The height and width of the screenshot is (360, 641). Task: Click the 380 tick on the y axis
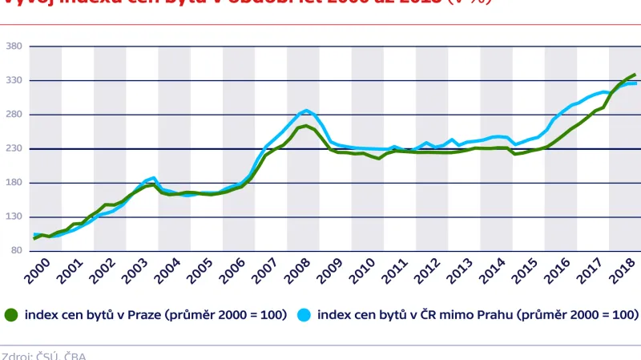[14, 47]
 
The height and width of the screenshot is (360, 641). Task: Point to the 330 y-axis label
[14, 81]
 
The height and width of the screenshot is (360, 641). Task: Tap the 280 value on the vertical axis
[14, 115]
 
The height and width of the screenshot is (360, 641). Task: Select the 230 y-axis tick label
[14, 149]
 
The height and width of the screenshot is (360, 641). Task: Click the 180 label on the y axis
[14, 183]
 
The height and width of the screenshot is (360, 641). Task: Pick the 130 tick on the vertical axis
[14, 217]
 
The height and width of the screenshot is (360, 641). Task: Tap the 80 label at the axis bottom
[17, 251]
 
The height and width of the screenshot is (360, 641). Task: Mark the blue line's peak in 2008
[306, 111]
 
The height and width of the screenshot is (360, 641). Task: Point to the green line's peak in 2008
[306, 126]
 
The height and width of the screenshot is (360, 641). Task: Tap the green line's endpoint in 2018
[635, 75]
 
